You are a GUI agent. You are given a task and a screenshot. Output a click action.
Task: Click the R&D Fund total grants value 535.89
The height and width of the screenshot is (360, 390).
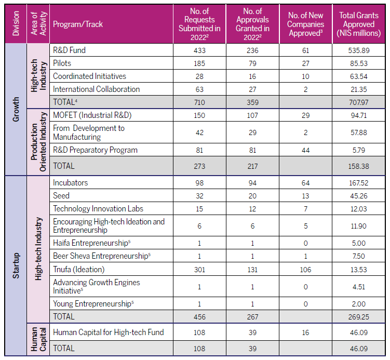tap(358, 50)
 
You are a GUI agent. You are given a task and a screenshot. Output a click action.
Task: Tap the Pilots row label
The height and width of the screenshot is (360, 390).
tap(62, 63)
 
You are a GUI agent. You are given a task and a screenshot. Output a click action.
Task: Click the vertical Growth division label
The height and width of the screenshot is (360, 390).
tap(16, 109)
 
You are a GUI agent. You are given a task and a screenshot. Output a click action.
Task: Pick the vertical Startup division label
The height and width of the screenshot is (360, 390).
tap(16, 265)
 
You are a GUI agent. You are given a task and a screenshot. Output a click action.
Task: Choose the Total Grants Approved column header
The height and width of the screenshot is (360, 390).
tap(358, 24)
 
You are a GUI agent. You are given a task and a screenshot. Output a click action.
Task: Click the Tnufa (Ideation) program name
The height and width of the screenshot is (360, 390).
tap(78, 269)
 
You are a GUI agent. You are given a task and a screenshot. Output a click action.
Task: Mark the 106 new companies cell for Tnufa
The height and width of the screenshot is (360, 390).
tap(305, 269)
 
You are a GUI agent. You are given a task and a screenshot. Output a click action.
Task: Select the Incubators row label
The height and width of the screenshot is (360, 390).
tap(70, 183)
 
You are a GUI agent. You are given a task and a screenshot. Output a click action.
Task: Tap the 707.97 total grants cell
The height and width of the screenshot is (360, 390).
tap(358, 102)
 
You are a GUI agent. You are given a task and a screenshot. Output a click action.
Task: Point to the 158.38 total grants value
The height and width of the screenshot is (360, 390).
tap(358, 166)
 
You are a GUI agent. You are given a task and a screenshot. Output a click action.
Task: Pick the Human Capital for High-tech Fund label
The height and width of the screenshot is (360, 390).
tap(108, 332)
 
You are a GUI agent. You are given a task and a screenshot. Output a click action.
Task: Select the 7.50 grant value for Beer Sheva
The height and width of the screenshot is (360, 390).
tap(358, 256)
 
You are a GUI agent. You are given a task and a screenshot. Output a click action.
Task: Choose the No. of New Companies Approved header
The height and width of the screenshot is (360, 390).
tap(305, 24)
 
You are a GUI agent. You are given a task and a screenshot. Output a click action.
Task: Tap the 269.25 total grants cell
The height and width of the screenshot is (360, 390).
tap(358, 316)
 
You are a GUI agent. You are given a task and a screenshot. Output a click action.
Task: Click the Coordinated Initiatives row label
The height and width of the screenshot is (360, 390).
tap(89, 76)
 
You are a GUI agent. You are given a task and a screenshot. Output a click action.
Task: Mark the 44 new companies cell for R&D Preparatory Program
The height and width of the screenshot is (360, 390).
tap(305, 150)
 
